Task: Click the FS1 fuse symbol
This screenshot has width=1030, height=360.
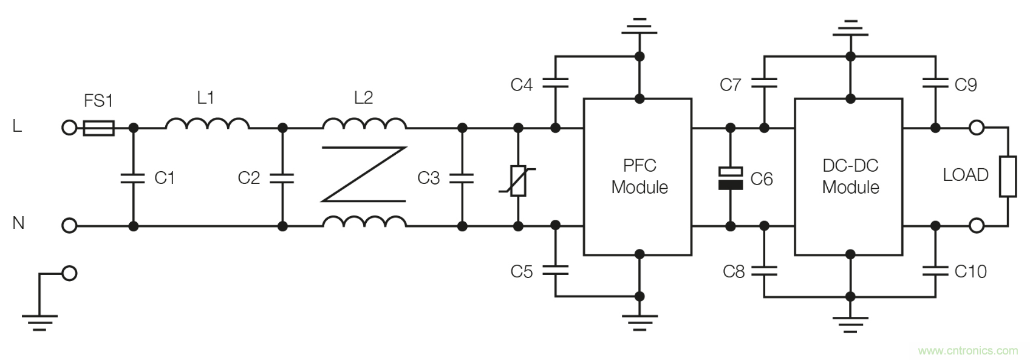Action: pyautogui.click(x=98, y=128)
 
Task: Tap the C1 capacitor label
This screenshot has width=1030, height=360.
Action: pyautogui.click(x=164, y=178)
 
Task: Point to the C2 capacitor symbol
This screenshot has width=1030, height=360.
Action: pyautogui.click(x=282, y=178)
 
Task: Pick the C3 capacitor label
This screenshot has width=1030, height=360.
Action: pyautogui.click(x=428, y=178)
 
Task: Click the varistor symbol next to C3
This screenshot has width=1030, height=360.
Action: pyautogui.click(x=517, y=181)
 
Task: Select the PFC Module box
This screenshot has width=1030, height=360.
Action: pyautogui.click(x=637, y=177)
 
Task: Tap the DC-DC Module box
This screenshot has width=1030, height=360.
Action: pyautogui.click(x=850, y=177)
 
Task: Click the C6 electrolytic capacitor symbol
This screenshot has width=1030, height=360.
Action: pyautogui.click(x=730, y=178)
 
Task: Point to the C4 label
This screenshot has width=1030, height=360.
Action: pyautogui.click(x=521, y=85)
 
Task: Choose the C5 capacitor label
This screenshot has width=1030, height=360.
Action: pyautogui.click(x=521, y=271)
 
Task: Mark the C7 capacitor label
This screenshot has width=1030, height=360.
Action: pyautogui.click(x=731, y=85)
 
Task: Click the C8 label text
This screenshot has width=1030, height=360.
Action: pyautogui.click(x=734, y=271)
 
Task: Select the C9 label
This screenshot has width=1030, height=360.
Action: pyautogui.click(x=966, y=85)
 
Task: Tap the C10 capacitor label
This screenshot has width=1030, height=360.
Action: pyautogui.click(x=970, y=271)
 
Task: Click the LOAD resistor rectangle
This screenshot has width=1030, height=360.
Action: pyautogui.click(x=1008, y=176)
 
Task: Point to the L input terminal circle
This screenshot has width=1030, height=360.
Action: pyautogui.click(x=70, y=128)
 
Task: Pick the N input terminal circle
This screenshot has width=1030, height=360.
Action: pyautogui.click(x=70, y=226)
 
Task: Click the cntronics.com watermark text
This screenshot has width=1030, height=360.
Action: pyautogui.click(x=967, y=350)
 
